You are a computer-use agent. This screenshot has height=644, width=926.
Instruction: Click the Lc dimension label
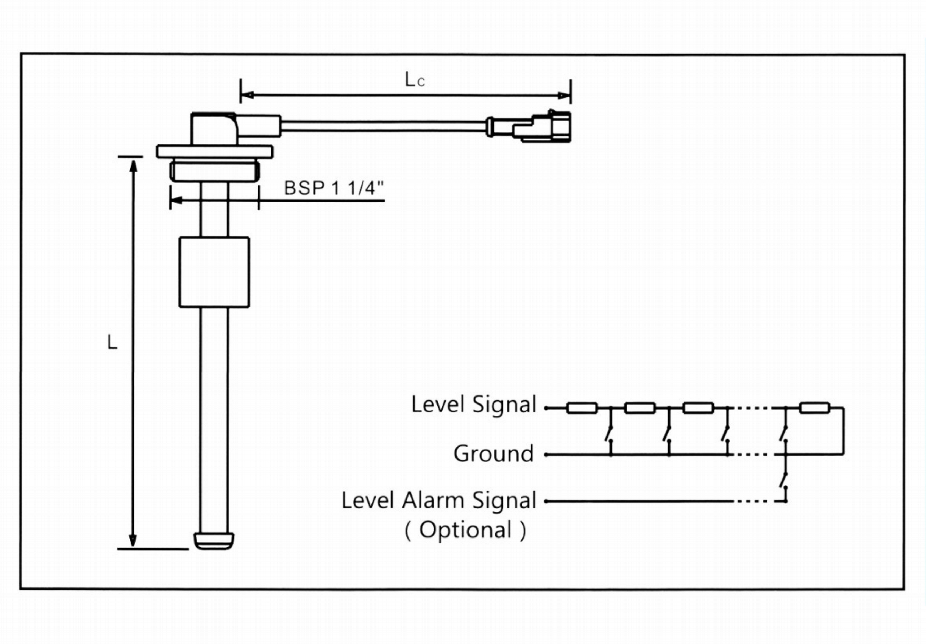(x=415, y=80)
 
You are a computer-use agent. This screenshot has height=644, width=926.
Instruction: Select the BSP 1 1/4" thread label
(x=334, y=188)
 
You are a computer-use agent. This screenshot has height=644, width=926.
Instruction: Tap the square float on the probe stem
(x=214, y=272)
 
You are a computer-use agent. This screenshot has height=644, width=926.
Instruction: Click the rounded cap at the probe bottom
(x=214, y=540)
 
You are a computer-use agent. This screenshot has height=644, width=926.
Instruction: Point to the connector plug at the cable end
(x=543, y=126)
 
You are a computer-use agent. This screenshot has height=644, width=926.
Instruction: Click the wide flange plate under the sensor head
(x=214, y=152)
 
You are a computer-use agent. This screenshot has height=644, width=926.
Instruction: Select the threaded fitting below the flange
(x=214, y=171)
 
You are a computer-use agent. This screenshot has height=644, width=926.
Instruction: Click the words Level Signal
(x=473, y=404)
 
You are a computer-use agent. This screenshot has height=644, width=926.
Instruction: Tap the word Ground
(x=493, y=454)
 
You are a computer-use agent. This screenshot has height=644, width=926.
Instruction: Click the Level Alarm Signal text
(x=439, y=501)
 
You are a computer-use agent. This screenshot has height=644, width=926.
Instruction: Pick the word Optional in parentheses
(x=465, y=530)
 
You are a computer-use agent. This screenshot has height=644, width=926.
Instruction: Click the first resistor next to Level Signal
(x=582, y=408)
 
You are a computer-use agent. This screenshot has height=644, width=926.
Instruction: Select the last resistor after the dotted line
(x=814, y=408)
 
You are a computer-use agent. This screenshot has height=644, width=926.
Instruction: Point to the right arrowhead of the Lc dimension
(x=564, y=95)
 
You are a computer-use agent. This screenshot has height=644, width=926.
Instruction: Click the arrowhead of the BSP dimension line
(x=176, y=200)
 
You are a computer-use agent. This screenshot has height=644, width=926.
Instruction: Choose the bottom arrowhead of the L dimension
(x=133, y=540)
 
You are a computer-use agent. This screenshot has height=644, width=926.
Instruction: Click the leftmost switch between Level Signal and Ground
(x=609, y=433)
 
